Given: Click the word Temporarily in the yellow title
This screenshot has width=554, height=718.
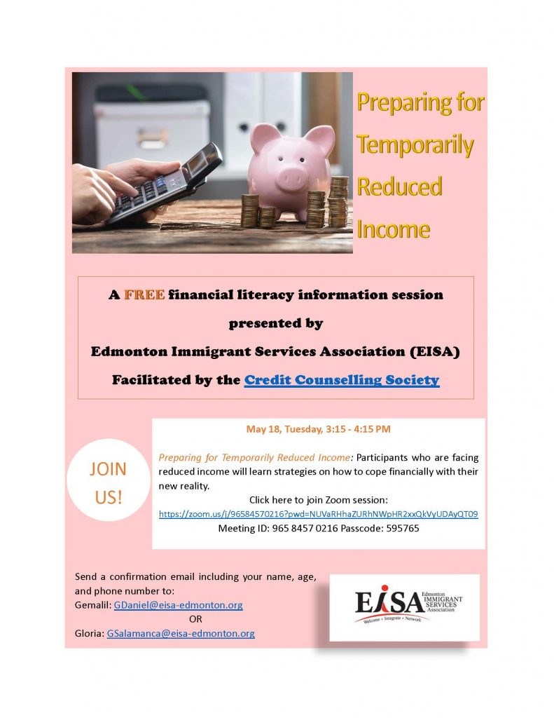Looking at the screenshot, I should pos(415,144).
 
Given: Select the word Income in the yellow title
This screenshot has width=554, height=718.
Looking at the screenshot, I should pos(393,229).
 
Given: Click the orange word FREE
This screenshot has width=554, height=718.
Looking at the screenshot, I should pos(144,295).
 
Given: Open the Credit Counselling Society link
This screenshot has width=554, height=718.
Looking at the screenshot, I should pos(341,380).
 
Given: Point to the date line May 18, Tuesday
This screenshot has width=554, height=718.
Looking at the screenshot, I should pos(318,429).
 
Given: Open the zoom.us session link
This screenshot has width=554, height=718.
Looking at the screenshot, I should pos(318,514).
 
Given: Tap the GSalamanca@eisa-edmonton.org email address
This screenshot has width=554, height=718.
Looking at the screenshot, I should pos(181,633).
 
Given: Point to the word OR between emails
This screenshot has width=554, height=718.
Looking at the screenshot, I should pos(196,619).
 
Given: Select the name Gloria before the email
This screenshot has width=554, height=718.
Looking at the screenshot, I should pos(89,633).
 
